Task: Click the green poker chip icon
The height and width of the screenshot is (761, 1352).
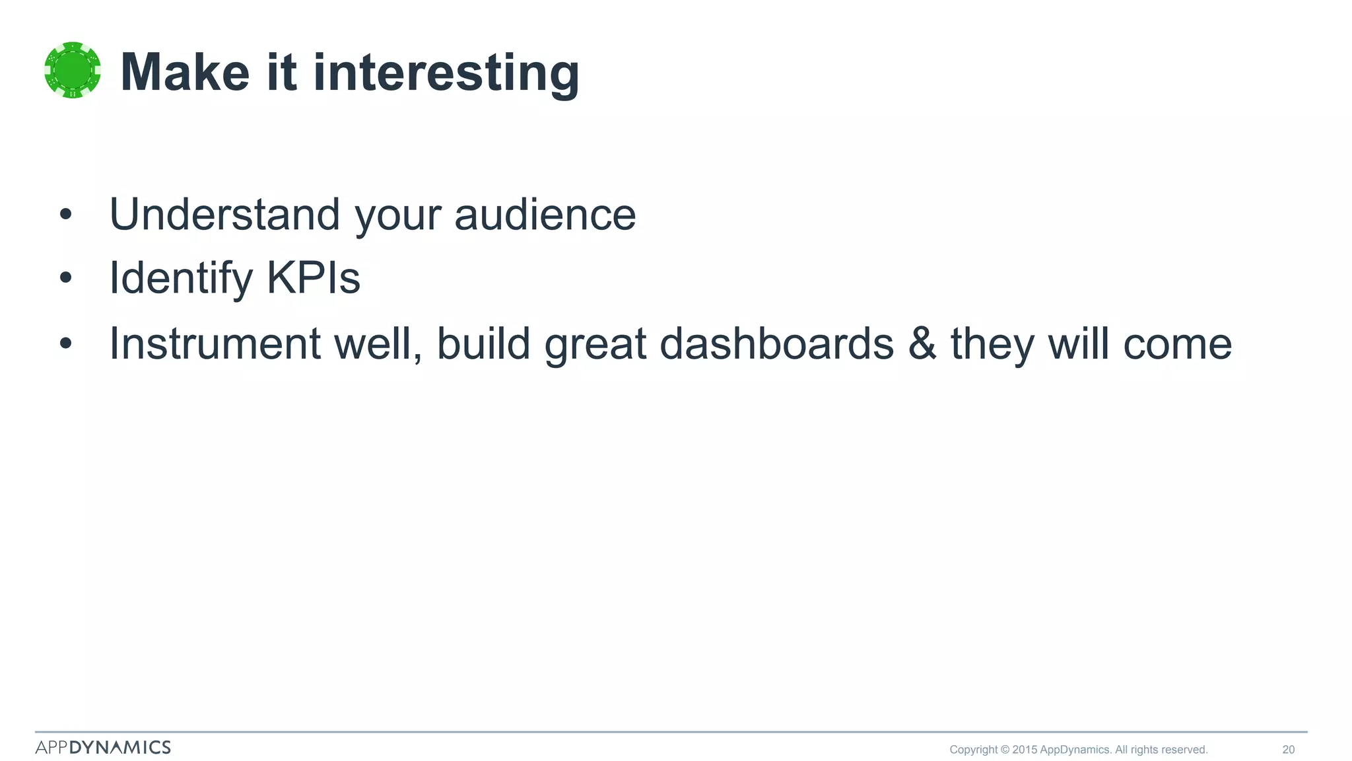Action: click(73, 70)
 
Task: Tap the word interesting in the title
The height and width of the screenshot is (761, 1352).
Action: click(446, 74)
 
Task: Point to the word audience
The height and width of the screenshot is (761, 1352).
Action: click(545, 215)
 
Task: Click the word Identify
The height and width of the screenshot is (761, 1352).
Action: click(180, 279)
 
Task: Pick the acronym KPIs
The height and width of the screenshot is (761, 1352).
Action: click(314, 277)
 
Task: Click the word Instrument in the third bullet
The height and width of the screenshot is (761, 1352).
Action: click(215, 344)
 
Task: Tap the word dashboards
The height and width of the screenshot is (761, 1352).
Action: click(776, 344)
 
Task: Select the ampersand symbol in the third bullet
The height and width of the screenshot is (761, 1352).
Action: click(922, 344)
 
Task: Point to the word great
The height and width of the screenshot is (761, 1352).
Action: click(595, 345)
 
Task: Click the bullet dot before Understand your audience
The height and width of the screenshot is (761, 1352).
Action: click(65, 214)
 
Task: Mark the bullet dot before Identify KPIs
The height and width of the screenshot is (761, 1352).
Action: click(65, 278)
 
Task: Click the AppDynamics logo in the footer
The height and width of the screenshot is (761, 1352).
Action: click(103, 747)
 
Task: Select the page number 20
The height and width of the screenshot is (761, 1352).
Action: click(1288, 749)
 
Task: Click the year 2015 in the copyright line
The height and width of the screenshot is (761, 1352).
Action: click(1024, 749)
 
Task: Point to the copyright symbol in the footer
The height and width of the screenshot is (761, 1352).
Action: click(1005, 749)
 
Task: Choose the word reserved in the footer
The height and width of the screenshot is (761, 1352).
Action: click(1184, 749)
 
